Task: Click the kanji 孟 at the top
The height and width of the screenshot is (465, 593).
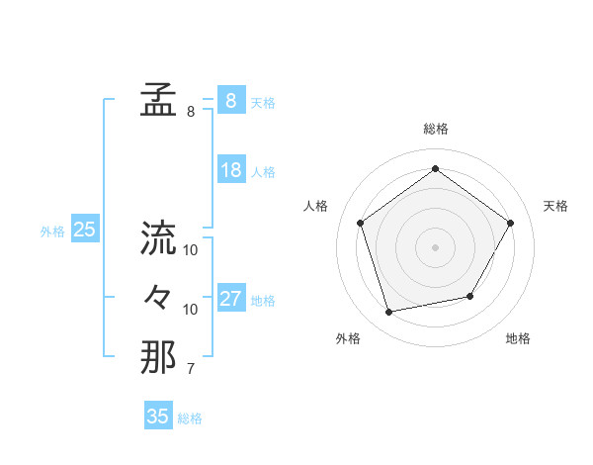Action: [158, 101]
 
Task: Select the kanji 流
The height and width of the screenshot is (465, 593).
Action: [158, 238]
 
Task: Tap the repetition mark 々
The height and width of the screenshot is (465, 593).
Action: [158, 298]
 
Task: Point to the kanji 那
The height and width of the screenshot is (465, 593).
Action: [158, 357]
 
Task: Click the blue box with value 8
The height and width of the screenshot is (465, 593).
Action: [230, 101]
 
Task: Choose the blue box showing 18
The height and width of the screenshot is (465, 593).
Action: [230, 170]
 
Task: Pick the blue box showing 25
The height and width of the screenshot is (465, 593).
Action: [85, 230]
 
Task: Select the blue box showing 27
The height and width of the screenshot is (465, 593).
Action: [230, 299]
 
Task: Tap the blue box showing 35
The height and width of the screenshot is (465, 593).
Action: [158, 417]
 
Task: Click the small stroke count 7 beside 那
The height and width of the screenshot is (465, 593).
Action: [191, 370]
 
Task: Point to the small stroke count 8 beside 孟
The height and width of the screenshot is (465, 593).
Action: [191, 113]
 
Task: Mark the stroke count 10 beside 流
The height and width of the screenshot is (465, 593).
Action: [191, 250]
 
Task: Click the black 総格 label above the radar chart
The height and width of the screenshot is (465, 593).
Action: [436, 130]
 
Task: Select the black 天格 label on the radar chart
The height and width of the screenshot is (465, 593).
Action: [555, 206]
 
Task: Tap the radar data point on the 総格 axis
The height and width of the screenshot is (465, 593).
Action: [436, 169]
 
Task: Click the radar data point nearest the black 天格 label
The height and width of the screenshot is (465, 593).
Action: [510, 223]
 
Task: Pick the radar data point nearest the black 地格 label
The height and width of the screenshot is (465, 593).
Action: [470, 296]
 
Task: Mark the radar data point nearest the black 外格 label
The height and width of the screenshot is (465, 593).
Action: [389, 312]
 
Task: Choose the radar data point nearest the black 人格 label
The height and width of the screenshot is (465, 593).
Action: [361, 223]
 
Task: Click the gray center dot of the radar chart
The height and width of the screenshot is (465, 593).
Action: [436, 246]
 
